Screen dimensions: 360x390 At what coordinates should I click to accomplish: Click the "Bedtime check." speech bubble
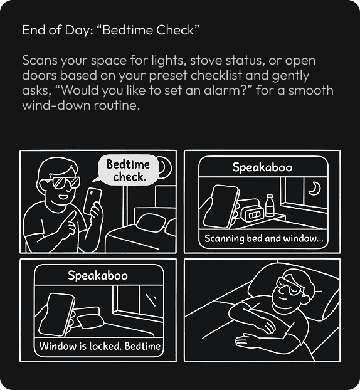[128, 171]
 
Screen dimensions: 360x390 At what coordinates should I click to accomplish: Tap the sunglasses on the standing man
[66, 182]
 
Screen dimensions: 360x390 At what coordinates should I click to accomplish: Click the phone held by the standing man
[93, 201]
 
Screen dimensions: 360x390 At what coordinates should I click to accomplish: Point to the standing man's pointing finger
[71, 217]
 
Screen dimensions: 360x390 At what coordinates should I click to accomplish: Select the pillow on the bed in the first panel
[151, 223]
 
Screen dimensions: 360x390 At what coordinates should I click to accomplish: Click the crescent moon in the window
[315, 188]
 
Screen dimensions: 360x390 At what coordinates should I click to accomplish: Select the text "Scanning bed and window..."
[264, 238]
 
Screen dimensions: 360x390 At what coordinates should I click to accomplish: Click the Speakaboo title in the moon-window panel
[263, 167]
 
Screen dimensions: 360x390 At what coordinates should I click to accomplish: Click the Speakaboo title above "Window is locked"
[98, 276]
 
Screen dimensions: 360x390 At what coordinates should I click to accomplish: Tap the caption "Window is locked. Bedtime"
[100, 346]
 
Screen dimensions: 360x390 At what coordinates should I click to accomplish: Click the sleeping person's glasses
[291, 286]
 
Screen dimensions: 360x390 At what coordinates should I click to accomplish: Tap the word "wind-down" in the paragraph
[56, 105]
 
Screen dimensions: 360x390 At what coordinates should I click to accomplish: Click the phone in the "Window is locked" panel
[56, 315]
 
